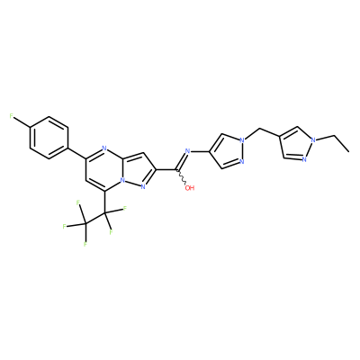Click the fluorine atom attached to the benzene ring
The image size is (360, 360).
12,116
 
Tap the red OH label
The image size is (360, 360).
190,188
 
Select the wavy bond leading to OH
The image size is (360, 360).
181,177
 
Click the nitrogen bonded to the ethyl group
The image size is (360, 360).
314,139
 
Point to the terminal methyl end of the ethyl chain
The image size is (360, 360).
348,152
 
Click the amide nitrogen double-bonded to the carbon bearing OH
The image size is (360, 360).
188,150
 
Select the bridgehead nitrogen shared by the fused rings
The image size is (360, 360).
122,181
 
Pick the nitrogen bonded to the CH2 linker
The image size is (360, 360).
242,139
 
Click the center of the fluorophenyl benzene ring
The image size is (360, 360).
49,138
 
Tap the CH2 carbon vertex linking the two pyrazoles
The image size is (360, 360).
258,129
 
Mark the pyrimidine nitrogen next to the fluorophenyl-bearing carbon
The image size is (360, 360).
104,148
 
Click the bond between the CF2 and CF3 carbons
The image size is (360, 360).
95,219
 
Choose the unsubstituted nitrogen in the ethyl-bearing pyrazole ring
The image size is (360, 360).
304,159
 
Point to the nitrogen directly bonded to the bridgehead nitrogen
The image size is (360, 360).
143,187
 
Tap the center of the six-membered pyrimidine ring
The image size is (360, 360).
104,170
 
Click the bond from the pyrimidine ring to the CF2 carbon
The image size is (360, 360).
105,202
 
